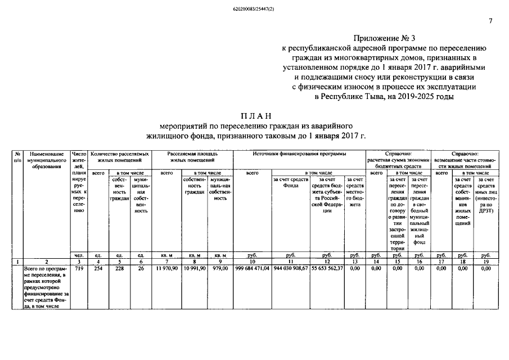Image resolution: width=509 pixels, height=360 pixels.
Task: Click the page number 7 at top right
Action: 490,21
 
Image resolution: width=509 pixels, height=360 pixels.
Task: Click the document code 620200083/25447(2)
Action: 254,10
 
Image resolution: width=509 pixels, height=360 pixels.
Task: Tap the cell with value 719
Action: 79,269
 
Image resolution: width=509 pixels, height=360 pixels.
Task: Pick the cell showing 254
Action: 99,269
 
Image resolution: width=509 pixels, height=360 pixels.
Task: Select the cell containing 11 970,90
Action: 166,269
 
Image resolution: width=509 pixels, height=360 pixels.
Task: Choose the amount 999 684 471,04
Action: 251,269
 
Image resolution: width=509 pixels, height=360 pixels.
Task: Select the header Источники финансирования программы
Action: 299,154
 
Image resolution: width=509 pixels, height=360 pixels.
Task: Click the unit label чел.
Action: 79,255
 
